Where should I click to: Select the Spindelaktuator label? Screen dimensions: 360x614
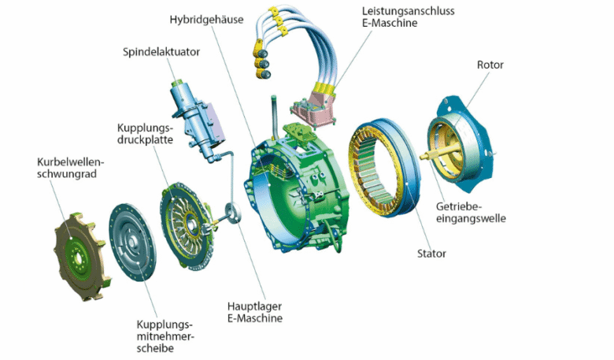point(161,53)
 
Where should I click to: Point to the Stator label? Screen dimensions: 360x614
point(431,254)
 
